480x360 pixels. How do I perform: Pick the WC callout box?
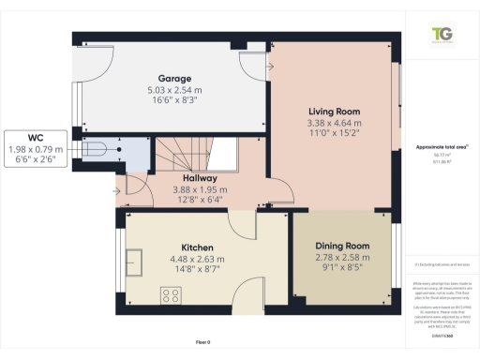pos(35,147)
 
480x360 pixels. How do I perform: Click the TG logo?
pos(440,36)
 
